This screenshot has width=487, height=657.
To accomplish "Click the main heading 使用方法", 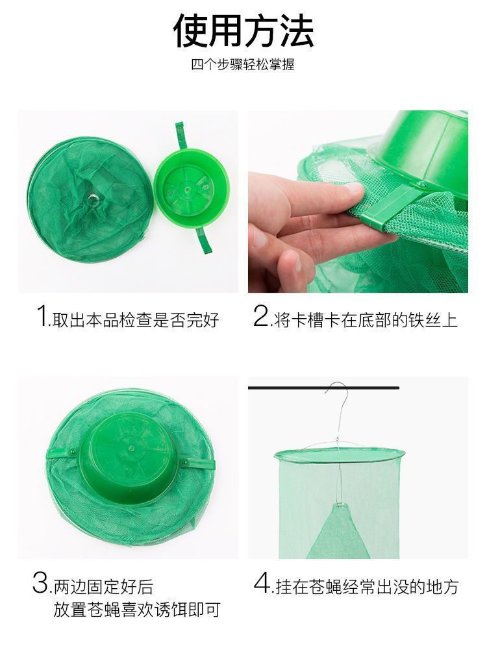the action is pyautogui.click(x=243, y=30).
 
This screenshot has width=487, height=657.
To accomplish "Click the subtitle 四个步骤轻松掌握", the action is pyautogui.click(x=243, y=64).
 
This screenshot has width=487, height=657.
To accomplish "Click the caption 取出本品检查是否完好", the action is pyautogui.click(x=136, y=320).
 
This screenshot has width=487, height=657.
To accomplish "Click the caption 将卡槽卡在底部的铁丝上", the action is pyautogui.click(x=366, y=320).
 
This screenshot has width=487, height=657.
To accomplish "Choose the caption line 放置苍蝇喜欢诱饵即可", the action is pyautogui.click(x=136, y=610).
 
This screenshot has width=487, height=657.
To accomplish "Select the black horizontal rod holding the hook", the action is pyautogui.click(x=323, y=388).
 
